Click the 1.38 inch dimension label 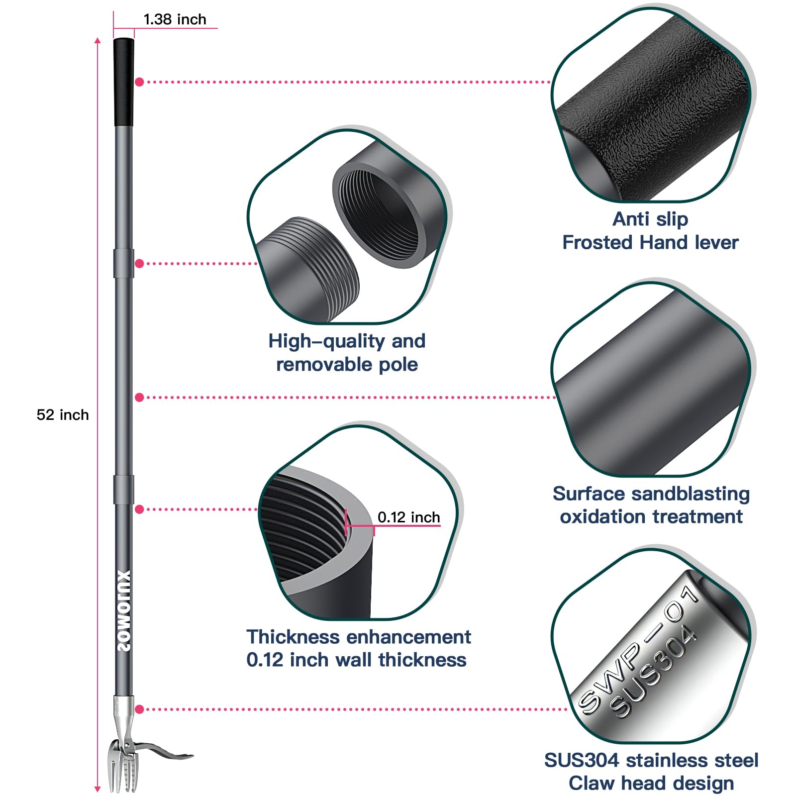point(175,19)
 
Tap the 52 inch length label point(63,415)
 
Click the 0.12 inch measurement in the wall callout point(408,517)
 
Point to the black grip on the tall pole point(124,82)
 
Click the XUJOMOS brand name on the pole point(124,610)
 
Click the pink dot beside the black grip point(139,82)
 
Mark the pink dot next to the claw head point(139,709)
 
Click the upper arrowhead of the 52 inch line point(98,41)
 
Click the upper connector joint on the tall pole point(124,263)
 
